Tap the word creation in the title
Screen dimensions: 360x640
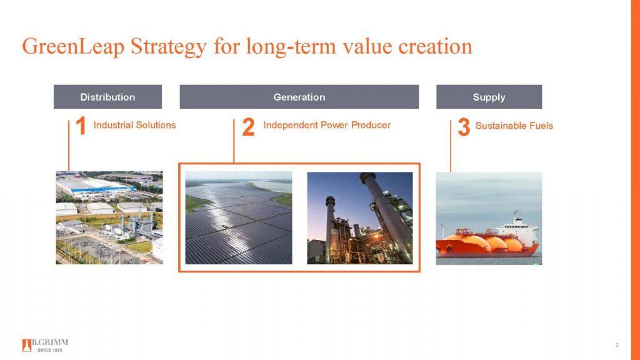click(433, 47)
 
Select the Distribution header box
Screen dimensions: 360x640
click(107, 97)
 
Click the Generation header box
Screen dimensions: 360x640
click(299, 97)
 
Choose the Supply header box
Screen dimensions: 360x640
click(489, 97)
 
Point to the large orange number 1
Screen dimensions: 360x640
click(80, 127)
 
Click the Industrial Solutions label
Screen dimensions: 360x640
click(134, 125)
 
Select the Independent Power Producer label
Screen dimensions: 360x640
click(327, 125)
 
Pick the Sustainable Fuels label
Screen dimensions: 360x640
click(514, 126)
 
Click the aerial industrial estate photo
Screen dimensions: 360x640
click(109, 217)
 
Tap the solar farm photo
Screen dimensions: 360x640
click(238, 217)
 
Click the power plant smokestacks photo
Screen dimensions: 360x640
click(360, 217)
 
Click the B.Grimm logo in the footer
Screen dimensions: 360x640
click(45, 345)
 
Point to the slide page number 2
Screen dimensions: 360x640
click(617, 346)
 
